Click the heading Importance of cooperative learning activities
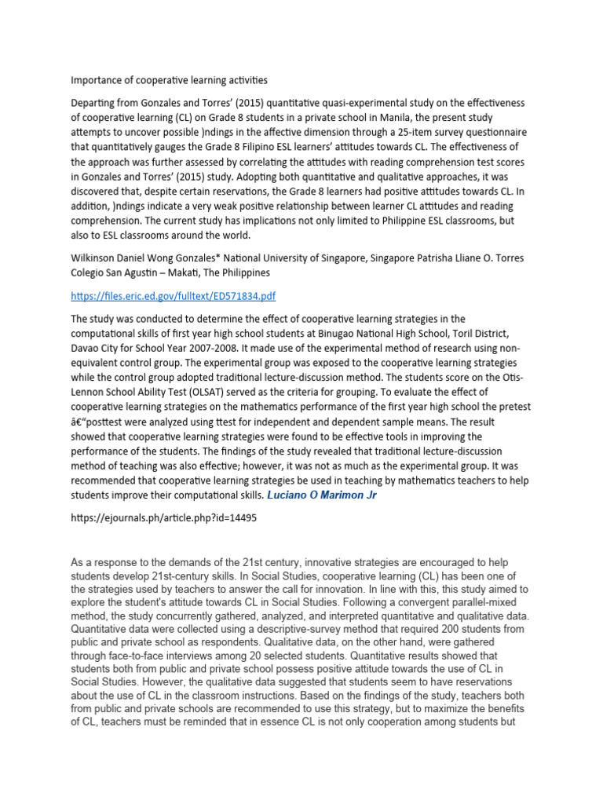[x=169, y=80]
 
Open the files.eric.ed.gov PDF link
[x=174, y=296]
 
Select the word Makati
[x=178, y=272]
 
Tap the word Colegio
[x=93, y=272]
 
